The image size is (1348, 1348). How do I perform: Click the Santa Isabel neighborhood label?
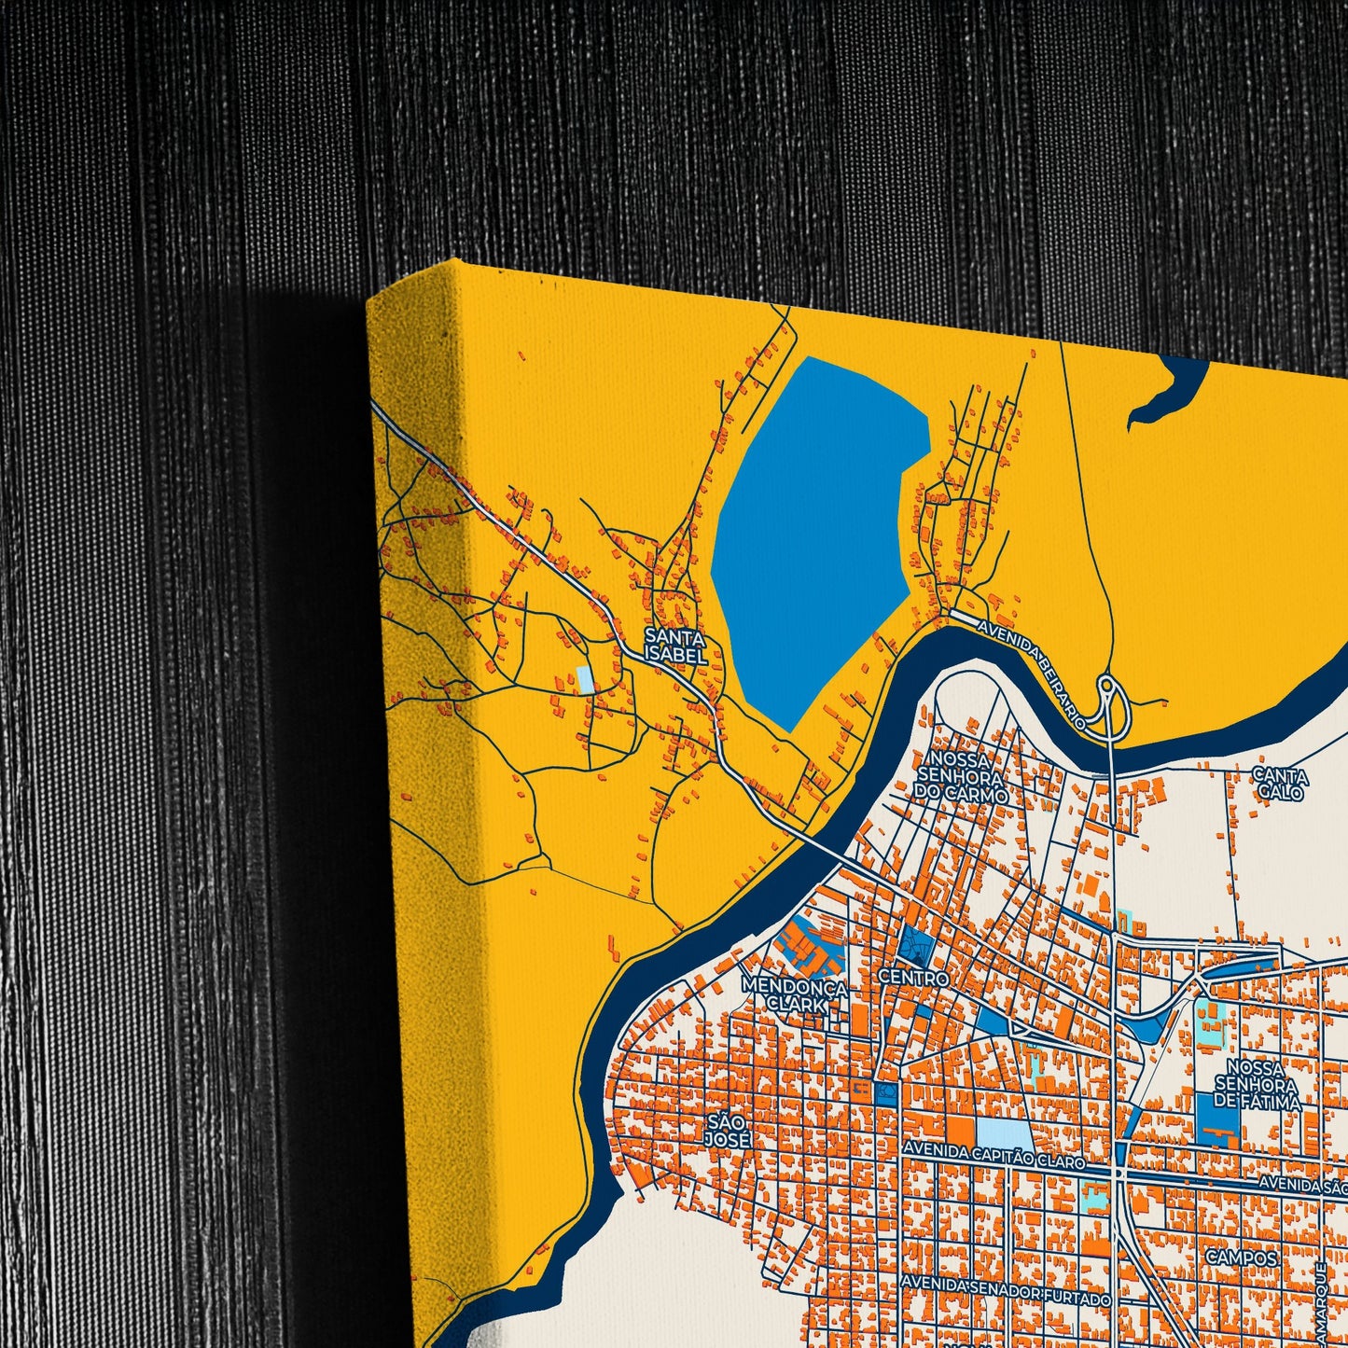(x=675, y=646)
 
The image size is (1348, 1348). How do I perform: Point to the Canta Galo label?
(x=1280, y=784)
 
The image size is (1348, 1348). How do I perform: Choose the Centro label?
(x=913, y=978)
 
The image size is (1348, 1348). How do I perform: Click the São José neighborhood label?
(x=729, y=1130)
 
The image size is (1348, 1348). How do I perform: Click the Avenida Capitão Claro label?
(x=993, y=1161)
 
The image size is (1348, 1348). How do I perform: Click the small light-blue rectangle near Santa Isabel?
(x=585, y=679)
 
